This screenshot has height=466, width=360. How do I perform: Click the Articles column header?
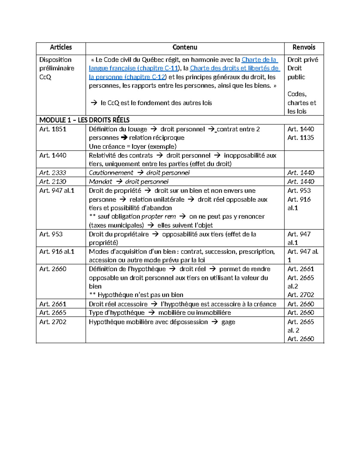(61, 47)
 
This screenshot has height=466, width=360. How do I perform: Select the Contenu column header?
(185, 47)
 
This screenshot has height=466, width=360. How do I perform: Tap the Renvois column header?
(304, 47)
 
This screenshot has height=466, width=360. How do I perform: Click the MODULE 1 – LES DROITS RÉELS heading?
(84, 120)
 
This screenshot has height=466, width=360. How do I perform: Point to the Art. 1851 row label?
(53, 129)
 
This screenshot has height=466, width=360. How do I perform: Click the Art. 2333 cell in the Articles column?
(53, 173)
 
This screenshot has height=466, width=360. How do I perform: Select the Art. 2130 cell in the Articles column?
(53, 182)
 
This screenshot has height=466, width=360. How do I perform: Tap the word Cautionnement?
(111, 173)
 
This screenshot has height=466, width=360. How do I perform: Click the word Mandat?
(100, 182)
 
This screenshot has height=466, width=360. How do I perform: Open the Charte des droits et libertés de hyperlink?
(234, 68)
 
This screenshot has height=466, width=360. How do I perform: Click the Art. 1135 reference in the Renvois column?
(301, 138)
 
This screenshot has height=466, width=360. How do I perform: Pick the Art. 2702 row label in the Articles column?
(53, 322)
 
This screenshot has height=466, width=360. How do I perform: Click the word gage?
(228, 322)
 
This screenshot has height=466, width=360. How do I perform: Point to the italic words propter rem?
(158, 217)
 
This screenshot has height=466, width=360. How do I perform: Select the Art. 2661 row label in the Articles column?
(53, 304)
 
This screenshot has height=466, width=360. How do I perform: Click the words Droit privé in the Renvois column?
(302, 59)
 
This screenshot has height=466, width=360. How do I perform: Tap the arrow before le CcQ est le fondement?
(94, 103)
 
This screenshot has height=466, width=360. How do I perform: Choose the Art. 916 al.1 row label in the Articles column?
(57, 251)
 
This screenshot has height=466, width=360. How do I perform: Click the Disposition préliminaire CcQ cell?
(56, 68)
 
